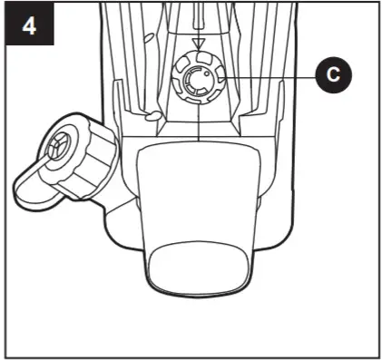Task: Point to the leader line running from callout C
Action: pyautogui.click(x=272, y=78)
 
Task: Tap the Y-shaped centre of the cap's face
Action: pyautogui.click(x=60, y=145)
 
